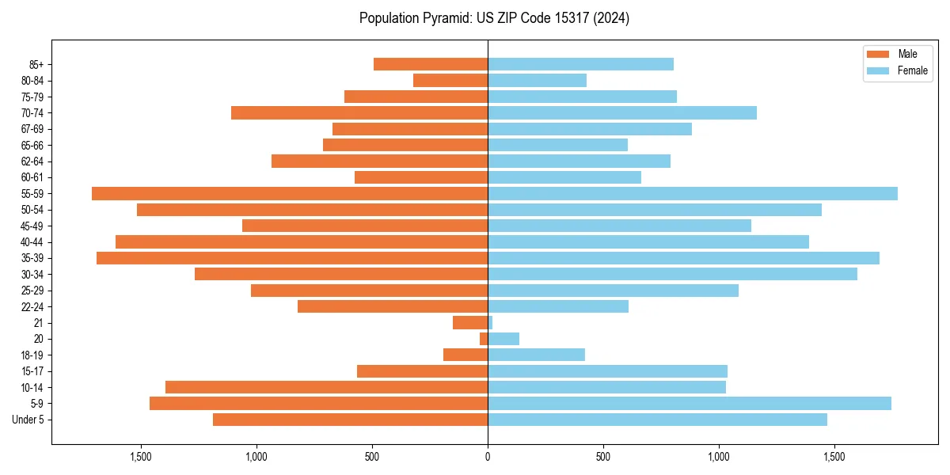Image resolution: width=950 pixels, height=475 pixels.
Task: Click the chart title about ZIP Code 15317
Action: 494,18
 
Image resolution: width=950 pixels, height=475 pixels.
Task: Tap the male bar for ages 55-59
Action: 290,193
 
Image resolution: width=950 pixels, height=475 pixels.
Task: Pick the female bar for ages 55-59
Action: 693,193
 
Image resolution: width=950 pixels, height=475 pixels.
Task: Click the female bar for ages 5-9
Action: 690,403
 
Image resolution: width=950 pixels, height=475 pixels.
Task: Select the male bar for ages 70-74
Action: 359,112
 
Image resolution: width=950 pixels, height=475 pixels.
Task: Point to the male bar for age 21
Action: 470,322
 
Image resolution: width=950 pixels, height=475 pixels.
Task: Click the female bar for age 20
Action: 503,339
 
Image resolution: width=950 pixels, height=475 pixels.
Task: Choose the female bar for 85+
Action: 580,64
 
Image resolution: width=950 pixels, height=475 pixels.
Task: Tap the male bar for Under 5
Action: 350,420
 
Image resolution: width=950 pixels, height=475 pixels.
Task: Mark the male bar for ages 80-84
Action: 450,80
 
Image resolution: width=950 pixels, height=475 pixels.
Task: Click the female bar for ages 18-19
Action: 536,355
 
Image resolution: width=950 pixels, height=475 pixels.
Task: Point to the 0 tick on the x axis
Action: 488,457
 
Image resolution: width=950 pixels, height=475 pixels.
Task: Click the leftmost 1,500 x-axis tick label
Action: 140,457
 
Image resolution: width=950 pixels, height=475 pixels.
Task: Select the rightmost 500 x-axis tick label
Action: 603,457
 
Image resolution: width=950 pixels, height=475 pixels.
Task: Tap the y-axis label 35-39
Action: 32,258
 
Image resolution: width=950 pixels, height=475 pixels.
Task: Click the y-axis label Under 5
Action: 28,420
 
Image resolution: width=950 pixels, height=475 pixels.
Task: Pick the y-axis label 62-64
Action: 32,161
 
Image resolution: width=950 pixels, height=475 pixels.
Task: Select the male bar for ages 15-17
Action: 422,370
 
